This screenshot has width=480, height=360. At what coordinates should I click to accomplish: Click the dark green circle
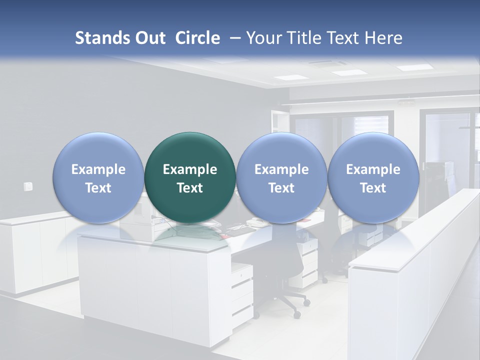[190, 177]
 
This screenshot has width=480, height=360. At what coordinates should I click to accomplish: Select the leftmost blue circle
[98, 177]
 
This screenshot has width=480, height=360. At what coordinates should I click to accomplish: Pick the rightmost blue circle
[373, 177]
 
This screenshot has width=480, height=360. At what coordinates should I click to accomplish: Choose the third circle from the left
[281, 177]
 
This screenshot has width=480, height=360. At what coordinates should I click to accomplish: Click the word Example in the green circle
[190, 169]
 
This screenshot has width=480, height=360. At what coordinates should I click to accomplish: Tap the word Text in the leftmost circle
[98, 188]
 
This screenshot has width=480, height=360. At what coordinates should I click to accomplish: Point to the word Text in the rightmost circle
[373, 188]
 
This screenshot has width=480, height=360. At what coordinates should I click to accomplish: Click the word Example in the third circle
[281, 169]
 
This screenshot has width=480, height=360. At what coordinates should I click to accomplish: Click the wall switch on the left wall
[28, 186]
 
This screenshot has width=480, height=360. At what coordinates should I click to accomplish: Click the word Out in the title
[148, 38]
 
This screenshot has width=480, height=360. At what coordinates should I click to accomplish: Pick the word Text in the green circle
[190, 188]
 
